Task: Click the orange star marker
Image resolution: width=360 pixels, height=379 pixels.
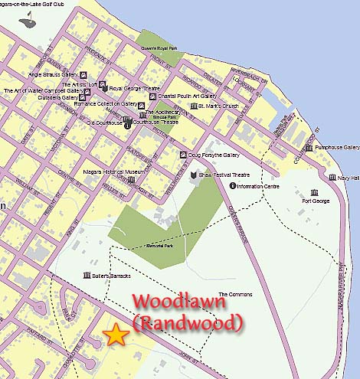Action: [x=116, y=334]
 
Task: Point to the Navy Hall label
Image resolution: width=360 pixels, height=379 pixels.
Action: [x=349, y=178]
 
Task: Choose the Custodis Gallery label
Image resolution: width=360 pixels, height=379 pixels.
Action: [x=58, y=98]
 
